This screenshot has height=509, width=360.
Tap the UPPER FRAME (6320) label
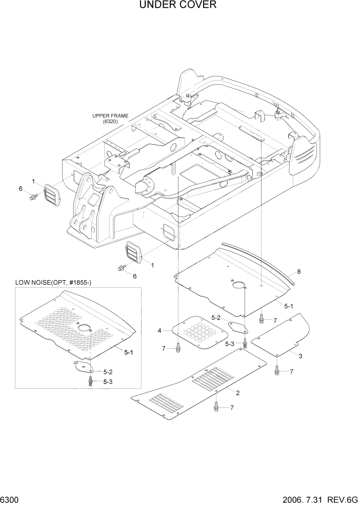pyautogui.click(x=110, y=119)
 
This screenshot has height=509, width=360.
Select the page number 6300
pyautogui.click(x=10, y=500)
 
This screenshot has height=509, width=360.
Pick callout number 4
pyautogui.click(x=159, y=330)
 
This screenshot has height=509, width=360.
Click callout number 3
pyautogui.click(x=300, y=356)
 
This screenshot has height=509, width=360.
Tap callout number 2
pyautogui.click(x=237, y=393)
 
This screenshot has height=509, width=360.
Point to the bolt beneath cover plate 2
pyautogui.click(x=216, y=407)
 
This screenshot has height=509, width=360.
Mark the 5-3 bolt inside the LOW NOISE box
pyautogui.click(x=91, y=381)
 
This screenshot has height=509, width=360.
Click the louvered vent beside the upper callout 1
pyautogui.click(x=51, y=195)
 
